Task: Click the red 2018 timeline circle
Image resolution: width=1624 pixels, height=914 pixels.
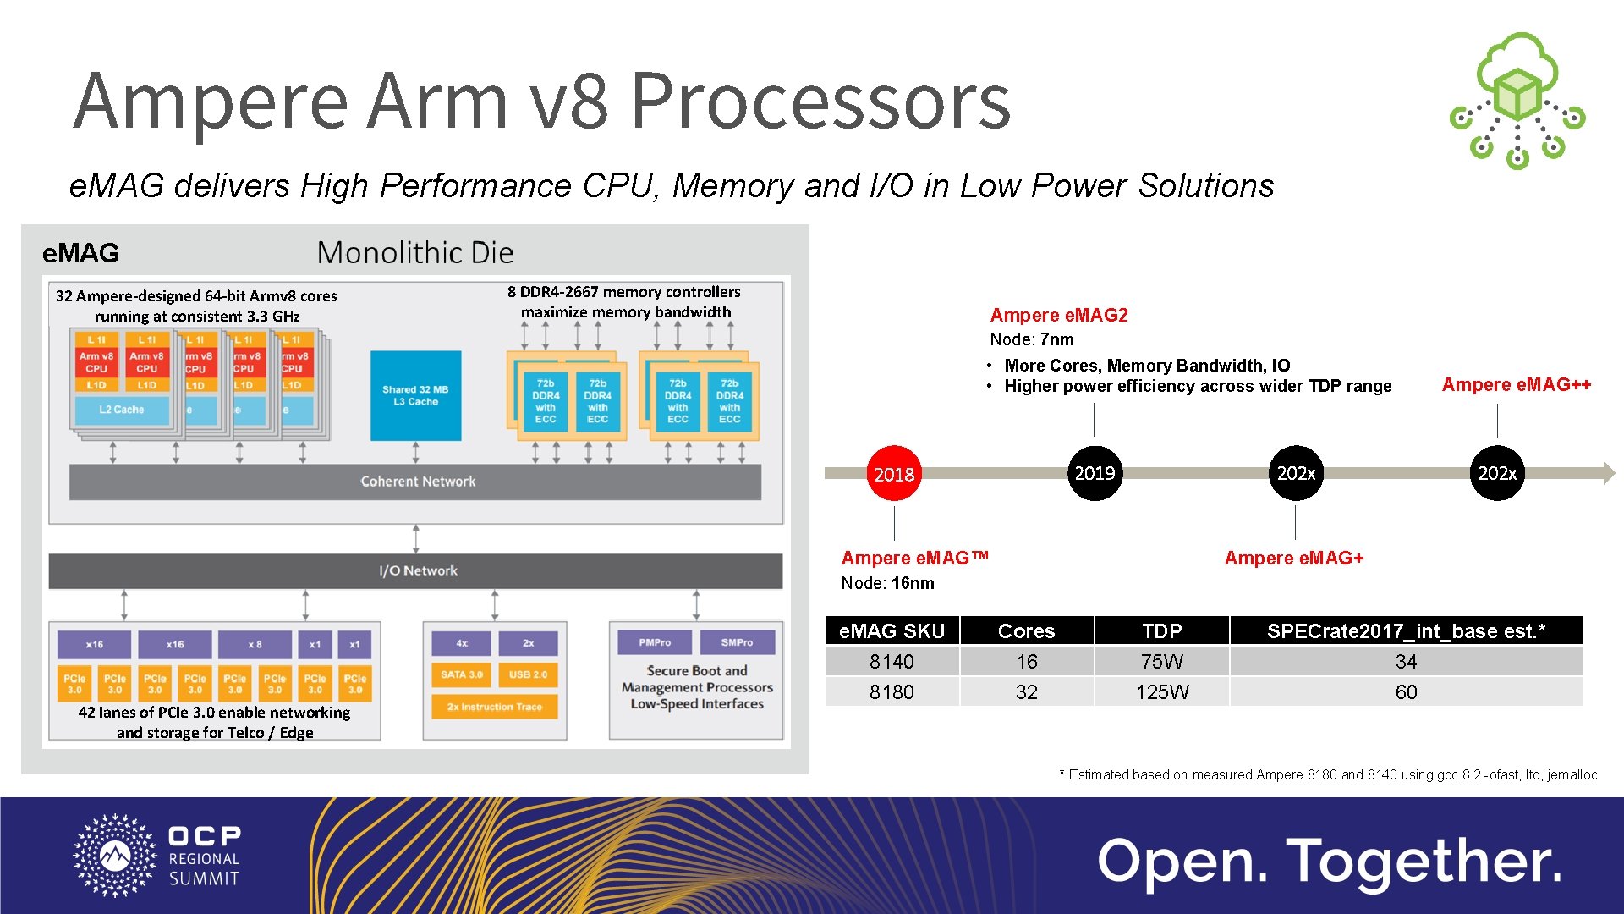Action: (894, 474)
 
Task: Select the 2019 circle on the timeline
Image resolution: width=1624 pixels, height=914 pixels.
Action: (1095, 473)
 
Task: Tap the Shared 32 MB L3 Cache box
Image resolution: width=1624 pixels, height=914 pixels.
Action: (415, 395)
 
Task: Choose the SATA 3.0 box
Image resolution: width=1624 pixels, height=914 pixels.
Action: (461, 674)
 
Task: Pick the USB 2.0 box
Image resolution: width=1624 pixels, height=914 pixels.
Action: (528, 674)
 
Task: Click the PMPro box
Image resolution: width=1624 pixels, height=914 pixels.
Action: (655, 642)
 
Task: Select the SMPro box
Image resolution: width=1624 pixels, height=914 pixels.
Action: (737, 642)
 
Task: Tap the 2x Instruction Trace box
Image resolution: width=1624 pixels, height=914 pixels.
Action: (495, 707)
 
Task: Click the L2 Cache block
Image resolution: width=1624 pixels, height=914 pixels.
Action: (122, 410)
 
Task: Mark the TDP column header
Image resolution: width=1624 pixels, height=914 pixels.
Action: (1161, 630)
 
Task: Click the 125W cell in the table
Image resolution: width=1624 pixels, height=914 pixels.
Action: (1161, 692)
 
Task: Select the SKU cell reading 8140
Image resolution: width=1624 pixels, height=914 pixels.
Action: (892, 662)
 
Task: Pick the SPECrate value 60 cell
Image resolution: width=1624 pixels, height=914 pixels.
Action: (1406, 692)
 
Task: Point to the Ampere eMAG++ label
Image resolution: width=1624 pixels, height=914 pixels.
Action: (1516, 385)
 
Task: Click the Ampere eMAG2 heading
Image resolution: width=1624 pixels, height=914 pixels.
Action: (1059, 316)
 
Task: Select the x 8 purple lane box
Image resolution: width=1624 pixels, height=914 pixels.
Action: (255, 645)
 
